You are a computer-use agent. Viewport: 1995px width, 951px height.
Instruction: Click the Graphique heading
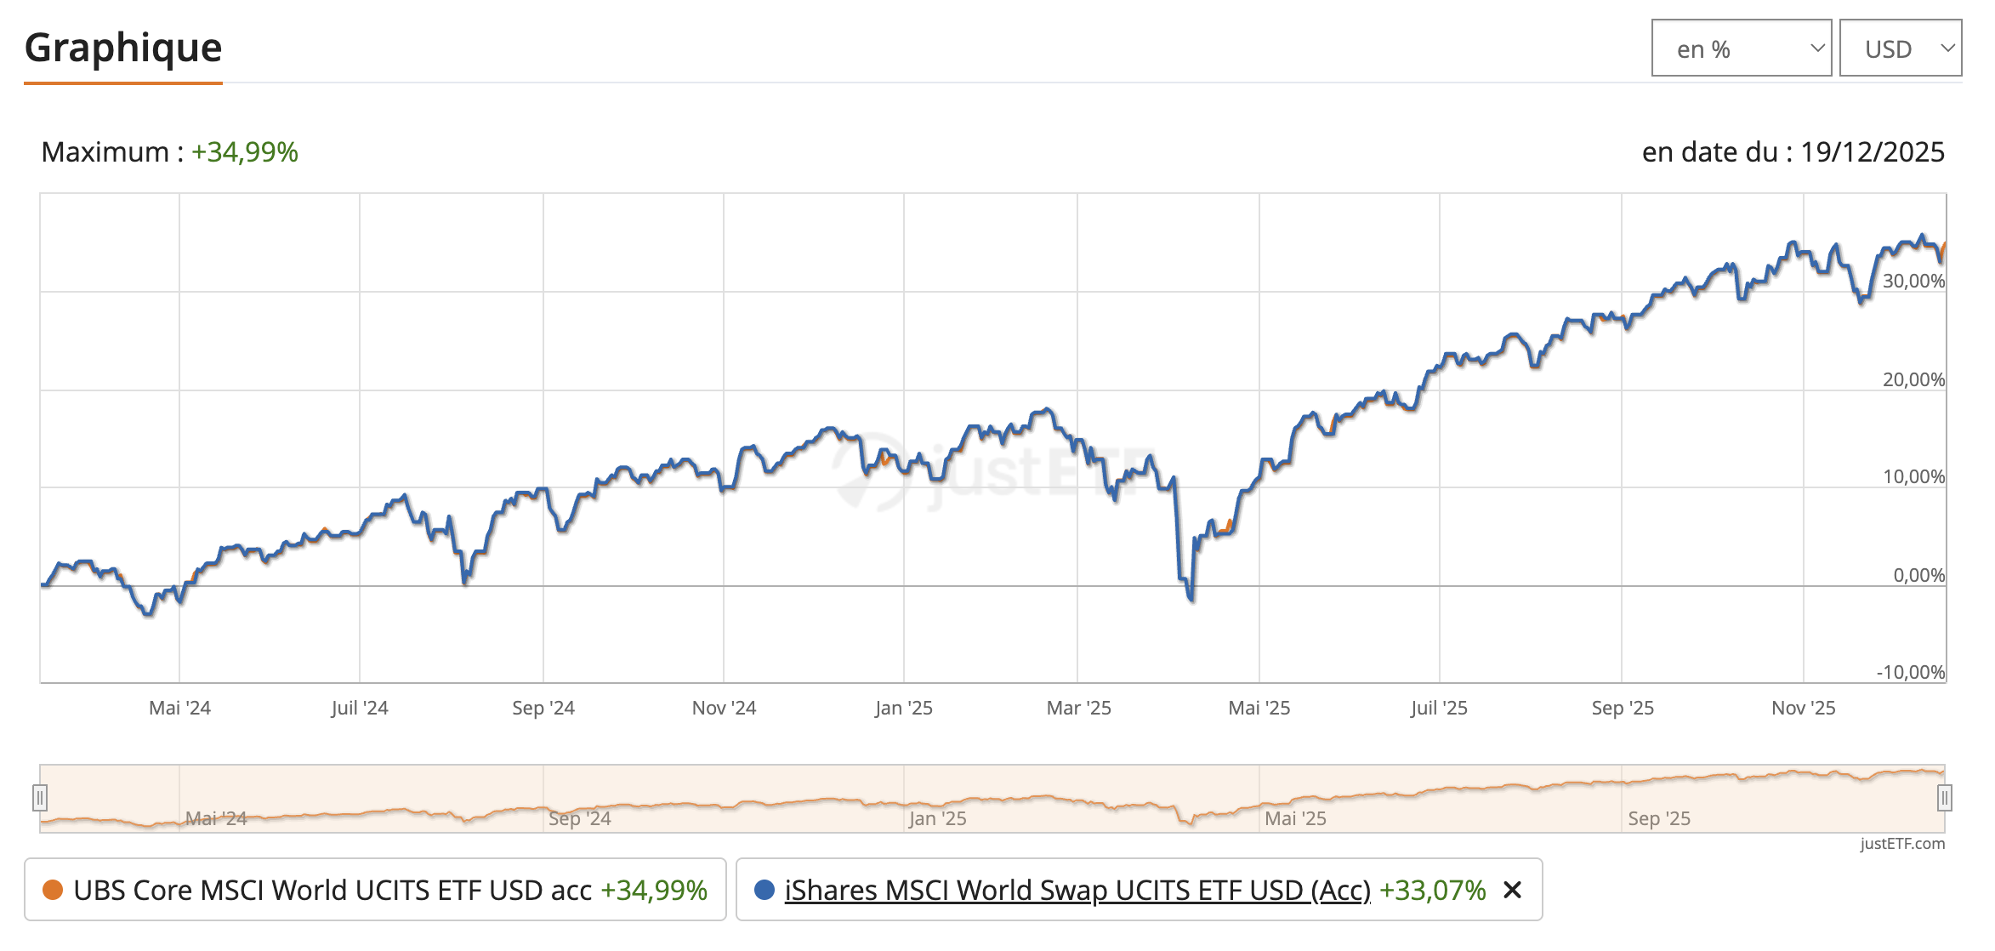123,48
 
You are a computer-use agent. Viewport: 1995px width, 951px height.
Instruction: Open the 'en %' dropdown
1741,48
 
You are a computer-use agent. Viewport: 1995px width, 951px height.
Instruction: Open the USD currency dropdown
1900,48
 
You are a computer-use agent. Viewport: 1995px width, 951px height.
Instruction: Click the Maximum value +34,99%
245,152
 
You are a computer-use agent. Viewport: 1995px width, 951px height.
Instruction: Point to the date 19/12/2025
1872,152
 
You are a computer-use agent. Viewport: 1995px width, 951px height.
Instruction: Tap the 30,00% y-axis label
1913,282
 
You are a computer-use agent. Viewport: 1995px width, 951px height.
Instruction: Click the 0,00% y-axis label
1918,575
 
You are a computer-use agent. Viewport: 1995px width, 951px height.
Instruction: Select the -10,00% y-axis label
1910,672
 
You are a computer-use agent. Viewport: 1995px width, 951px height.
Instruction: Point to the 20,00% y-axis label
1913,379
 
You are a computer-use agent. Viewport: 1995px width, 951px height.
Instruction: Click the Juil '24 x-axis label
360,708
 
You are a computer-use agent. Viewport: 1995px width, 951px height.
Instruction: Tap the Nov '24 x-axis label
724,708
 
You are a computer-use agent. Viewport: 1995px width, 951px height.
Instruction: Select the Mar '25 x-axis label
1078,708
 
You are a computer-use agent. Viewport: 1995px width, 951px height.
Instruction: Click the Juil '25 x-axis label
1439,708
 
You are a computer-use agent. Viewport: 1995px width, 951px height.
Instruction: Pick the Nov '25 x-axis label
1803,708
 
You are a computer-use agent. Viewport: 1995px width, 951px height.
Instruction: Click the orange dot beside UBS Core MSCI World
53,890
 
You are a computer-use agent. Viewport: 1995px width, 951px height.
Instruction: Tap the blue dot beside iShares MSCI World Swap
764,890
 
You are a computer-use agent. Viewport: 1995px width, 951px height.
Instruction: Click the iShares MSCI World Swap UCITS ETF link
1077,890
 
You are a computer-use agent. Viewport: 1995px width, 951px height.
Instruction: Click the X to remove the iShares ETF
1512,890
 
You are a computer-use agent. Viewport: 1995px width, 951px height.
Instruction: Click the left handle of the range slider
40,798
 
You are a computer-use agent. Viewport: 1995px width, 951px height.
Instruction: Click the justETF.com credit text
1902,843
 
